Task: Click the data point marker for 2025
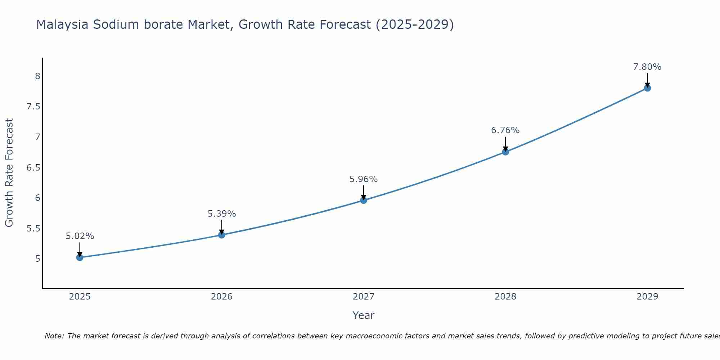tap(80, 257)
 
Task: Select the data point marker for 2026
tap(222, 235)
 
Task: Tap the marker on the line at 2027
tap(364, 200)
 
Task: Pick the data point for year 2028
tap(505, 152)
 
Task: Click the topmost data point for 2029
tap(647, 88)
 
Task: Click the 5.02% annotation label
tap(80, 236)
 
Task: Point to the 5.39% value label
tap(222, 214)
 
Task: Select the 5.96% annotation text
tap(364, 179)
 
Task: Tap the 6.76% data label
tap(505, 130)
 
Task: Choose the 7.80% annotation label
tap(647, 67)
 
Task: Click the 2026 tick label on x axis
tap(222, 297)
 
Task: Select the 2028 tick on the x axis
tap(505, 297)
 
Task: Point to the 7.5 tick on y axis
tap(33, 107)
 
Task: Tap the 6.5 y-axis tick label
tap(33, 168)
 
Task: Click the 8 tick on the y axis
tap(37, 76)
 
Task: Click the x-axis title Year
tap(364, 315)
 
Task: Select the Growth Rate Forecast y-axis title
tap(9, 173)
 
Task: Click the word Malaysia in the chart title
tap(62, 25)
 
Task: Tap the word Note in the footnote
tap(54, 336)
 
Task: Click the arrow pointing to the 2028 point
tap(505, 144)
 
